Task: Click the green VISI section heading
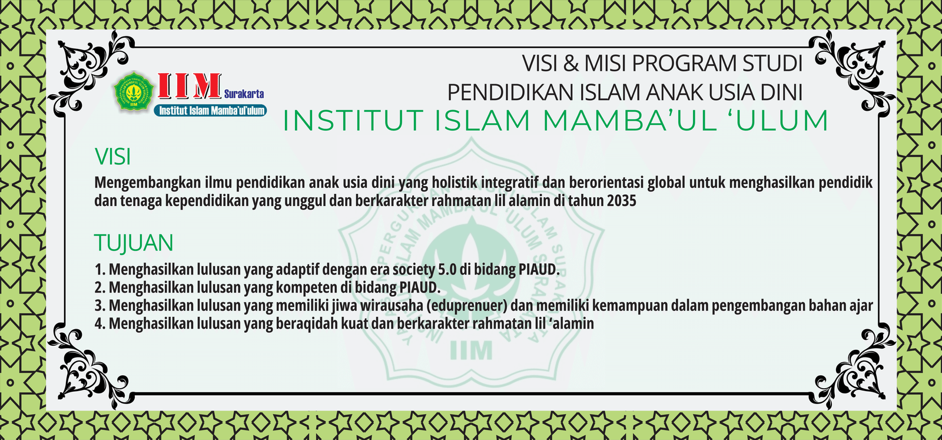(112, 157)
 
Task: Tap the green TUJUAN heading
(134, 243)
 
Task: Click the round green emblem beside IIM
(134, 91)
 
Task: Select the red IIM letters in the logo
(189, 86)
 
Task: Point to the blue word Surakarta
(244, 94)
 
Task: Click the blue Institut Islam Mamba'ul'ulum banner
(210, 111)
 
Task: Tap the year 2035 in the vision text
(622, 201)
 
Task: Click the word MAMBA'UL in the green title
(629, 120)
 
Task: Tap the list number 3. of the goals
(99, 306)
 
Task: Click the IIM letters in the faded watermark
(471, 350)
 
